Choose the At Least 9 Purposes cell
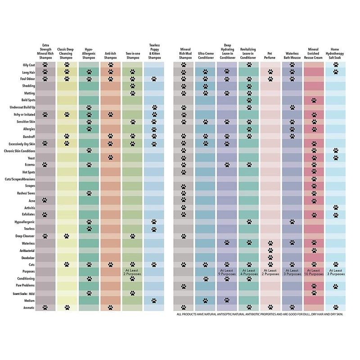pos(227,272)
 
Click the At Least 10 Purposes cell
pos(314,272)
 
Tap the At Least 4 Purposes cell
pos(249,272)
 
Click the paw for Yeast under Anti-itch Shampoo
pos(111,157)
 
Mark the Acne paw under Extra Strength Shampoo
pos(45,200)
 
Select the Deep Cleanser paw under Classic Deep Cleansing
pos(67,236)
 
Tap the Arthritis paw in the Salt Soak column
pos(336,207)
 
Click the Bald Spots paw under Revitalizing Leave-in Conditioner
pos(249,100)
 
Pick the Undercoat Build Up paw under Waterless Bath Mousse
pos(292,108)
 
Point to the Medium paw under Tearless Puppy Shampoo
pos(154,300)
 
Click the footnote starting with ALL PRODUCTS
pos(260,314)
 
